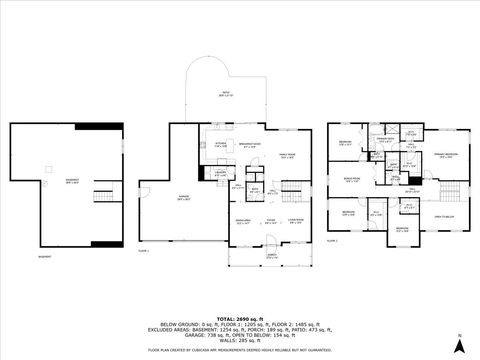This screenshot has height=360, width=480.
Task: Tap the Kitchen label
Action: pyautogui.click(x=220, y=146)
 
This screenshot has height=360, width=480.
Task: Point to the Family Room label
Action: pyautogui.click(x=288, y=155)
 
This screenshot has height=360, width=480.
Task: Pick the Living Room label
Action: pyautogui.click(x=295, y=222)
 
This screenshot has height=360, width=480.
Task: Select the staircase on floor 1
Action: pyautogui.click(x=292, y=187)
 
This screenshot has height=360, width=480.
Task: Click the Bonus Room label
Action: pyautogui.click(x=351, y=180)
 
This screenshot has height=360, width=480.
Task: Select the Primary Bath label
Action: pyautogui.click(x=384, y=141)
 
